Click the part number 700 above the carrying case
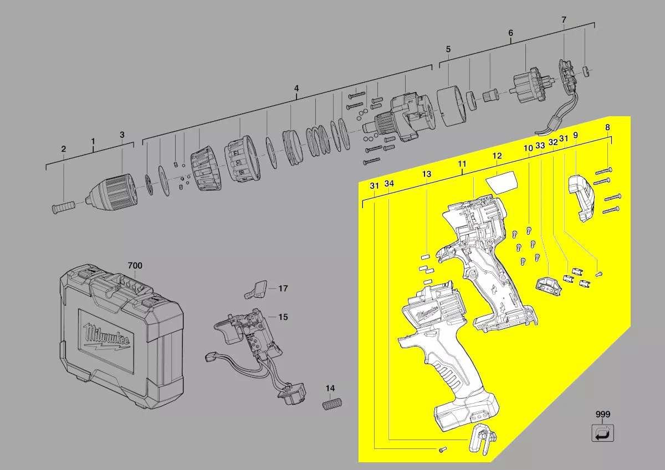click(x=135, y=265)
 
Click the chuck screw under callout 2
click(x=64, y=206)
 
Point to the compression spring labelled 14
click(x=332, y=404)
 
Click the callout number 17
click(x=283, y=288)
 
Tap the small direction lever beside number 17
click(x=256, y=290)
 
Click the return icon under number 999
click(x=603, y=433)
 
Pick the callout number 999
click(x=603, y=414)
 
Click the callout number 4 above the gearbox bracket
click(x=296, y=89)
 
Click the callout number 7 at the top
click(x=564, y=20)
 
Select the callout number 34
click(x=389, y=184)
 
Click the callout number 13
click(x=427, y=174)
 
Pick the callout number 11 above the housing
click(x=462, y=164)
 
